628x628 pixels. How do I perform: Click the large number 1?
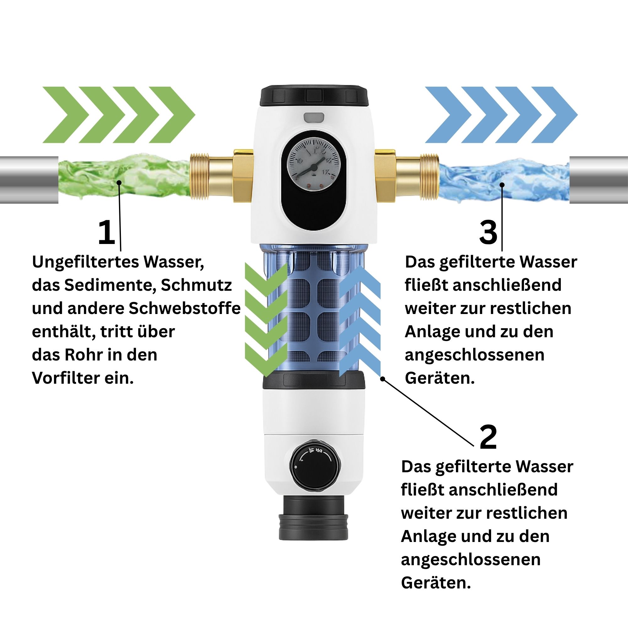click(x=107, y=232)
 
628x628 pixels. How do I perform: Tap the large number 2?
click(x=488, y=437)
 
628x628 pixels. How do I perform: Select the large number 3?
click(x=488, y=232)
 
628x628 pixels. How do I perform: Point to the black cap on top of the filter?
click(x=314, y=96)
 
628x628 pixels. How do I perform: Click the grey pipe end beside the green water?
click(x=29, y=180)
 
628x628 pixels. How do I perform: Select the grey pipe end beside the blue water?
click(x=599, y=180)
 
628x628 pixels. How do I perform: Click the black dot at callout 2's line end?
click(x=383, y=379)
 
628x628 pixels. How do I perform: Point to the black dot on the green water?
click(x=119, y=183)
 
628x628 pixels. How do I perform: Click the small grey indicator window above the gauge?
click(x=314, y=117)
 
